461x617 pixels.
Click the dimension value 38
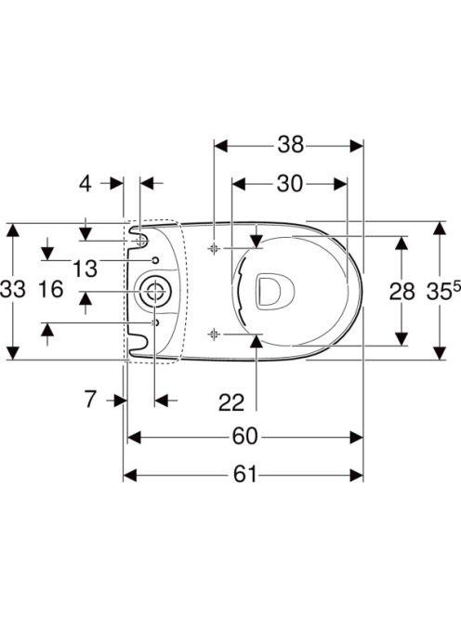coord(291,145)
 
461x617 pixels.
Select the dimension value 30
coord(290,184)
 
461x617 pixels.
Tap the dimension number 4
coord(86,183)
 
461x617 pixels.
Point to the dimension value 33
coord(13,290)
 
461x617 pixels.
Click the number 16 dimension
coord(51,289)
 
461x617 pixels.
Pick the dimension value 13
coord(85,269)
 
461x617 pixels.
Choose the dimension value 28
coord(402,292)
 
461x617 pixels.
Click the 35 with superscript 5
coord(443,291)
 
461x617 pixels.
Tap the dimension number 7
coord(90,400)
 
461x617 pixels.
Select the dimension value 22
coord(231,402)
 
